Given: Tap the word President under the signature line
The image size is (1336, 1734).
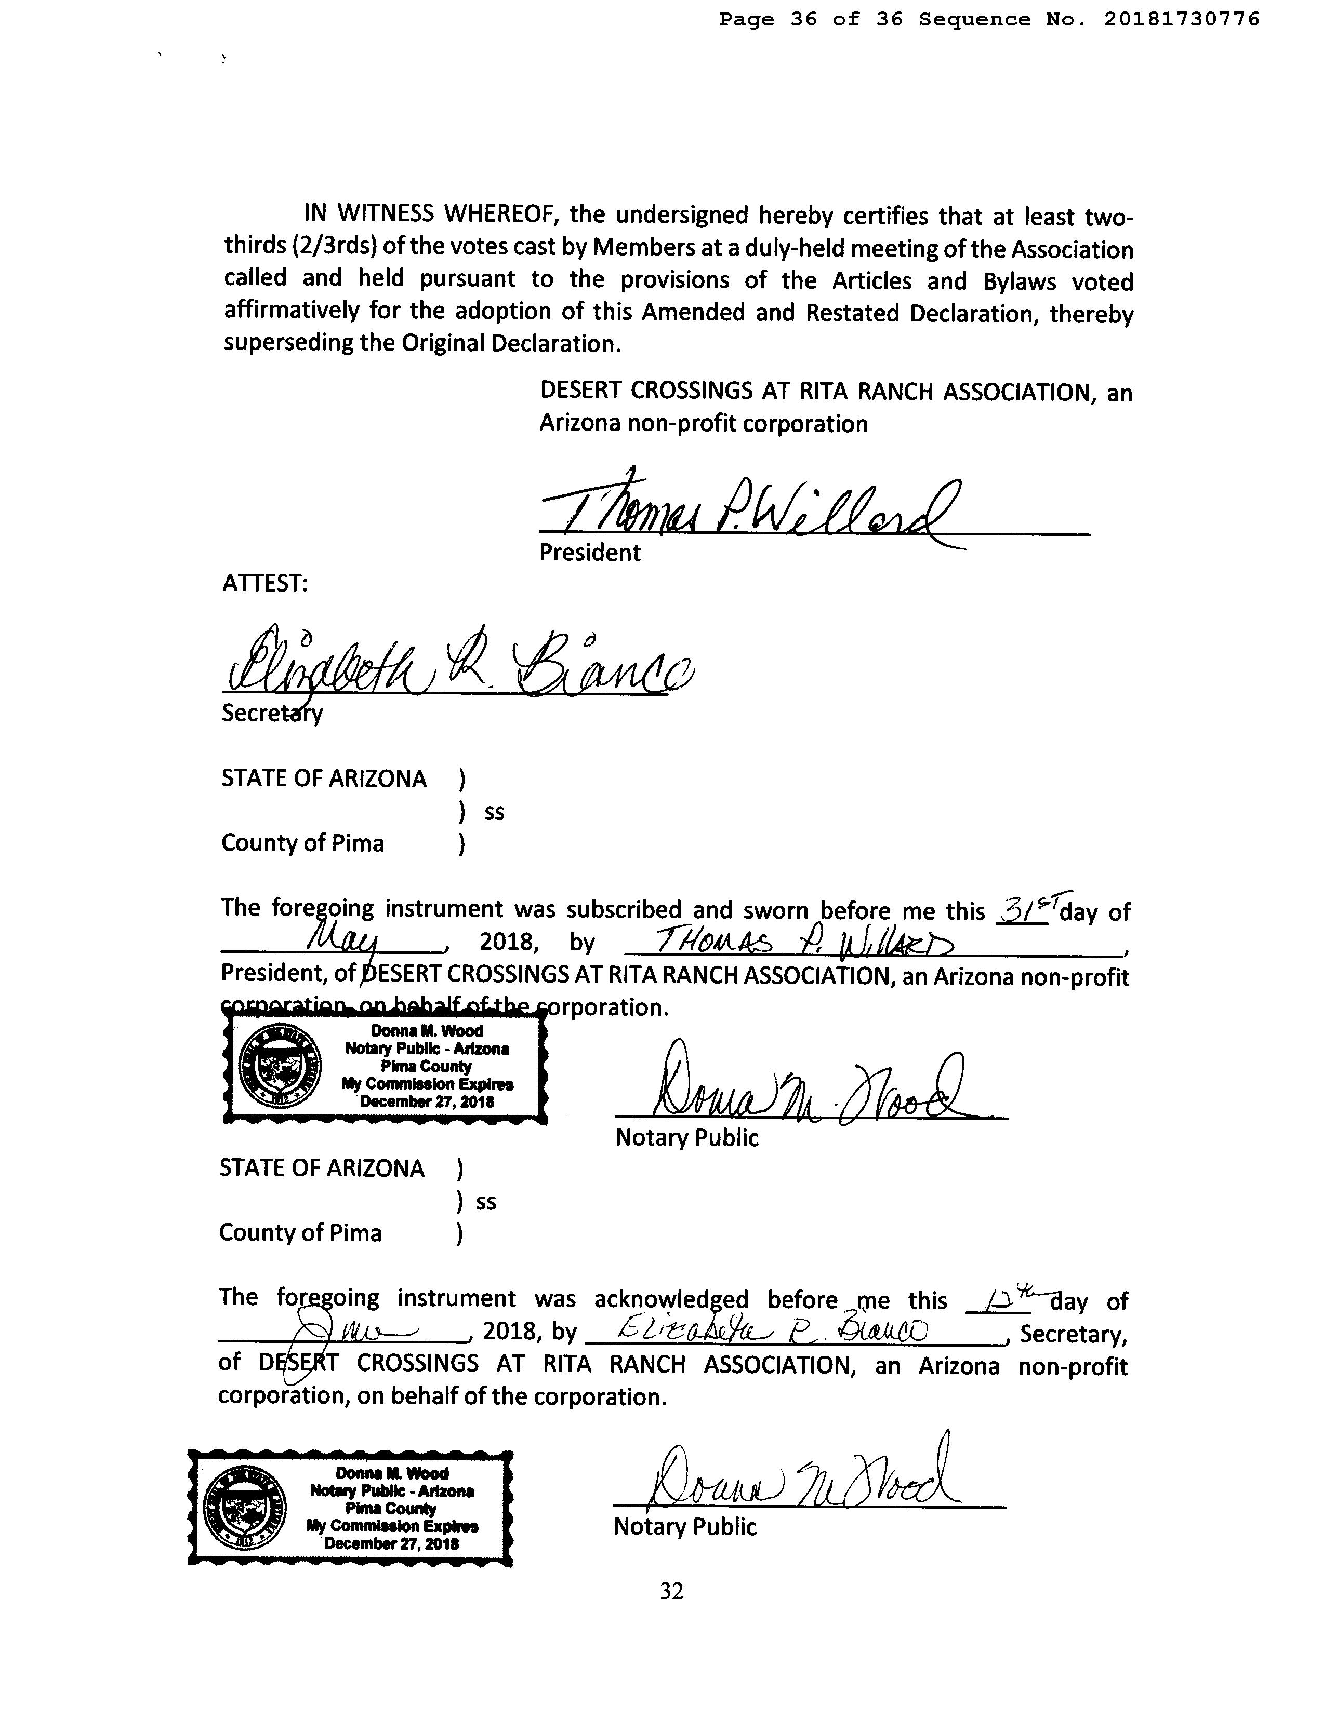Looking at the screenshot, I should pyautogui.click(x=589, y=553).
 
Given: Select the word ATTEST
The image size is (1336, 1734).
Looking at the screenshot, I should pyautogui.click(x=264, y=584).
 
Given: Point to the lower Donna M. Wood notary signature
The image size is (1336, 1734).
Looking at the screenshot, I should pyautogui.click(x=802, y=1477).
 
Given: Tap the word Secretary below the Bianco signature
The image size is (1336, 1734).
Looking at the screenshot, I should pyautogui.click(x=272, y=713).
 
